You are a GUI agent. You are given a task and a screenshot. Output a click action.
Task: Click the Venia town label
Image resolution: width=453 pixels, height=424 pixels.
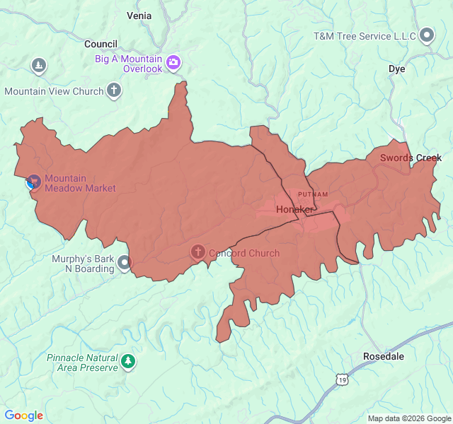[139, 15]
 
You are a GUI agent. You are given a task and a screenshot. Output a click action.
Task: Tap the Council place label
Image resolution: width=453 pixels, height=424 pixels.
[101, 44]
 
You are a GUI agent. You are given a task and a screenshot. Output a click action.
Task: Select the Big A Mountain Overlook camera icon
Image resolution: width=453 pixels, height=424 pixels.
[173, 64]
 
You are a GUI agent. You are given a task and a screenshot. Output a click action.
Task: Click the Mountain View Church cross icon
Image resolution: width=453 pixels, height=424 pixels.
[114, 90]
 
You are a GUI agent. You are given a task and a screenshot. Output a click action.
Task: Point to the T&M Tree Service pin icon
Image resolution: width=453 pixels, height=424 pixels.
[427, 35]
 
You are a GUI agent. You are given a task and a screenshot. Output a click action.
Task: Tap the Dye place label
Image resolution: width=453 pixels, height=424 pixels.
[396, 69]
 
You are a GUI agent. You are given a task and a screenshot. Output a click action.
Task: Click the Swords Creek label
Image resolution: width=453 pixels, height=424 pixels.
[411, 158]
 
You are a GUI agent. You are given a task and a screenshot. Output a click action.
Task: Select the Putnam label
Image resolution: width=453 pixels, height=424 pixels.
[312, 194]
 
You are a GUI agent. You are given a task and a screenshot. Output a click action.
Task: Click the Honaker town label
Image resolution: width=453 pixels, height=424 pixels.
[294, 210]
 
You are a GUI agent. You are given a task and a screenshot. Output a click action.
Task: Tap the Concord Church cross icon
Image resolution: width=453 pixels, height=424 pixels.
[198, 252]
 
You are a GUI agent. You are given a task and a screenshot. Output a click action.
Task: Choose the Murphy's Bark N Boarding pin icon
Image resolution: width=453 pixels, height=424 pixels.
[125, 263]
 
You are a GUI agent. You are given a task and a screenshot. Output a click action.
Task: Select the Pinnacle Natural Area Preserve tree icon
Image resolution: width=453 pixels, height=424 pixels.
[128, 362]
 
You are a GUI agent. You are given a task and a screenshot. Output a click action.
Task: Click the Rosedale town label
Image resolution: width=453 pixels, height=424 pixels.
[383, 356]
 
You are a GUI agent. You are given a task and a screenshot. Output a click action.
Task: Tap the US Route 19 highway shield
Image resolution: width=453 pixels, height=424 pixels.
[342, 380]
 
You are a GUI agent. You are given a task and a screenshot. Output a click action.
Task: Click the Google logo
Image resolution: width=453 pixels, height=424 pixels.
[24, 416]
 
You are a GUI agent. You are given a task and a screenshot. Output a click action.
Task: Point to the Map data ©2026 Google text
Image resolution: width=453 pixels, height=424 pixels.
[409, 418]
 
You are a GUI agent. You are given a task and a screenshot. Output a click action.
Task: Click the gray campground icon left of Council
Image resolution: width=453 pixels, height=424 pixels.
[39, 66]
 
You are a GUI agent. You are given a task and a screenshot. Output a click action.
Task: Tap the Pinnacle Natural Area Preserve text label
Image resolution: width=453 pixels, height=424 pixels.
[82, 363]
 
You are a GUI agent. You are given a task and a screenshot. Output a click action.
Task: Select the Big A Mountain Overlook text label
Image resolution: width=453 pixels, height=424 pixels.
[129, 64]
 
